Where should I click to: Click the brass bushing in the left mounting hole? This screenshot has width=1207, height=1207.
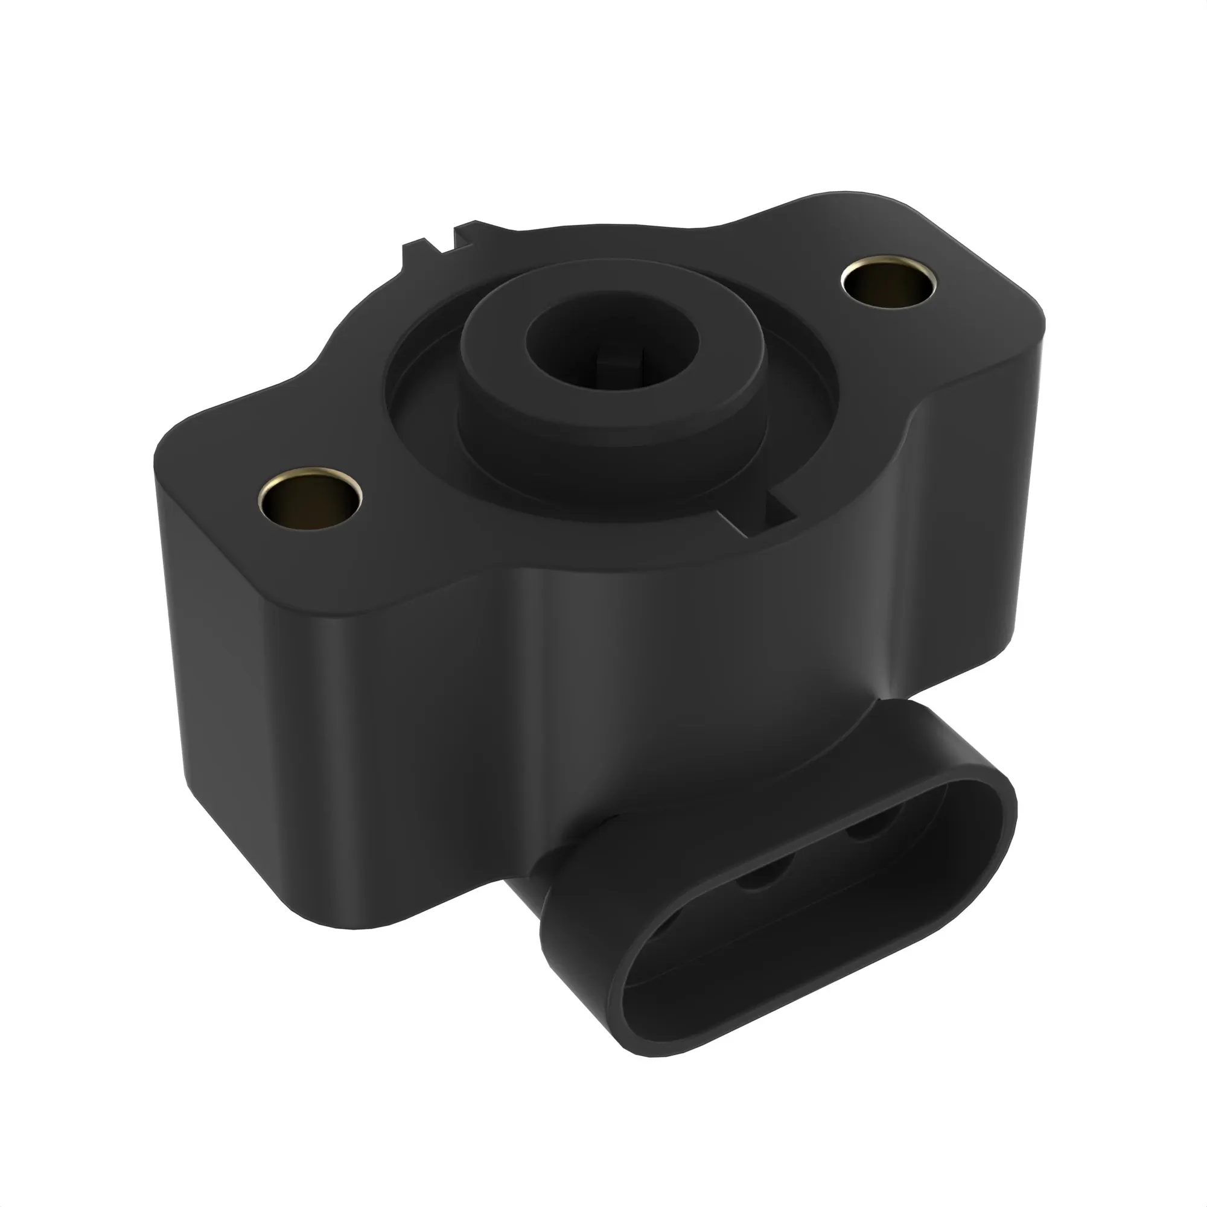coord(310,500)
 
